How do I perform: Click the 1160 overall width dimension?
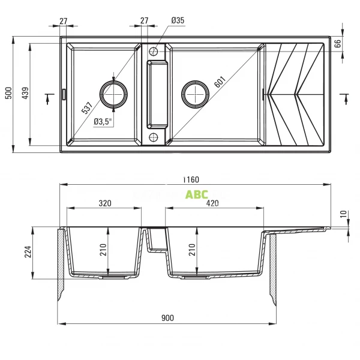click(x=191, y=179)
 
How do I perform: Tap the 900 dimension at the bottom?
click(x=167, y=318)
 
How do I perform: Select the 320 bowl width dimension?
click(x=105, y=203)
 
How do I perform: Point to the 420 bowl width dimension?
click(x=212, y=203)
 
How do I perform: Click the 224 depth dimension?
click(x=28, y=251)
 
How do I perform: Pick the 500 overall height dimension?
click(x=8, y=93)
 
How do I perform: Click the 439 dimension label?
click(x=25, y=93)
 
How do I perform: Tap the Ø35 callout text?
click(x=178, y=20)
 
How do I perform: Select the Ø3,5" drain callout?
click(x=103, y=121)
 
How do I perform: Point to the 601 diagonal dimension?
click(x=220, y=82)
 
